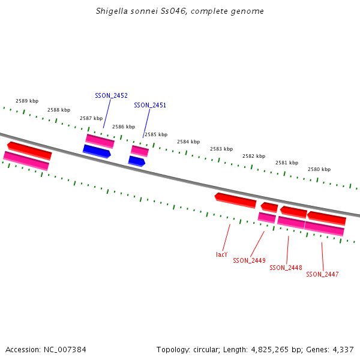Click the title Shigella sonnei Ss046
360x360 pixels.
pyautogui.click(x=179, y=11)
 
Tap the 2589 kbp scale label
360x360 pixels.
pyautogui.click(x=27, y=101)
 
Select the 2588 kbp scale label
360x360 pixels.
pyautogui.click(x=59, y=110)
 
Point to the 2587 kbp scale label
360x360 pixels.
pyautogui.click(x=91, y=118)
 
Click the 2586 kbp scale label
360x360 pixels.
pyautogui.click(x=123, y=127)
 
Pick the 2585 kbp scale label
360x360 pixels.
pyautogui.click(x=155, y=134)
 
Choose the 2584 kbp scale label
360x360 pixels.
pyautogui.click(x=188, y=142)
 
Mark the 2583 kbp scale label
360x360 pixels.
pyautogui.click(x=221, y=149)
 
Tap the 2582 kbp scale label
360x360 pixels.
pyautogui.click(x=254, y=156)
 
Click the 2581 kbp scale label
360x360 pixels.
pyautogui.click(x=286, y=163)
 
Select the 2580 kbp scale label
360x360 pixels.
pyautogui.click(x=319, y=169)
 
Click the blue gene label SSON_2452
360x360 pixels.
pyautogui.click(x=111, y=95)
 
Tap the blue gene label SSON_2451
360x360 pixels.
pyautogui.click(x=150, y=105)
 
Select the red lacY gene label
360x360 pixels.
pyautogui.click(x=222, y=254)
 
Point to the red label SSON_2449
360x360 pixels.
pyautogui.click(x=249, y=260)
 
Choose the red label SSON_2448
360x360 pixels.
pyautogui.click(x=286, y=268)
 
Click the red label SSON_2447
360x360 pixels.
pyautogui.click(x=322, y=274)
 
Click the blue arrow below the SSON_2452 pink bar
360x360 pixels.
pyautogui.click(x=97, y=151)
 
